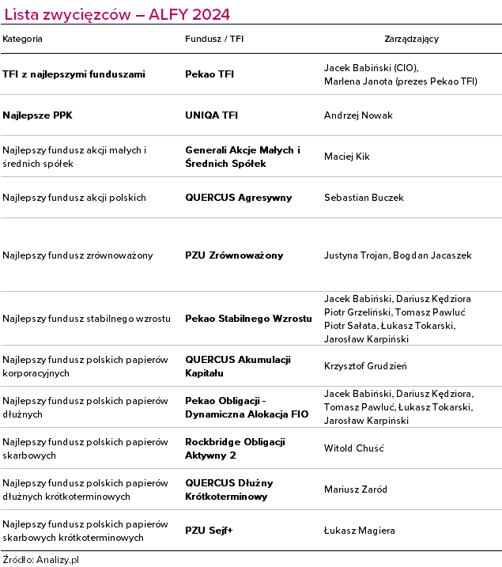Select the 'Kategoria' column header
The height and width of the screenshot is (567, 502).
pos(23,39)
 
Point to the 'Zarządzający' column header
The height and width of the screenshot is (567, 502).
pos(411,39)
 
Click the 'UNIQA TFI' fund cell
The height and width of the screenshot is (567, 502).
pos(211,115)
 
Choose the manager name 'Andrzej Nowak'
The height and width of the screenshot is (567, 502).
pos(358,115)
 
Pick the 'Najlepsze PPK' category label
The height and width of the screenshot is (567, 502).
pos(38,115)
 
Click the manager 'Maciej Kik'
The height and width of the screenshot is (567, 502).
pos(347,157)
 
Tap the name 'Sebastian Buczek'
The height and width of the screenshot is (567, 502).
pos(364,198)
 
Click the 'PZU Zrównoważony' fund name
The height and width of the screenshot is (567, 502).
pos(234,255)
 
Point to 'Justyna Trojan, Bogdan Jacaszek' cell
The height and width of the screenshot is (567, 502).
pos(398,255)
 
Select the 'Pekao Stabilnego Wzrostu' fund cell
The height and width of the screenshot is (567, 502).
pos(248,319)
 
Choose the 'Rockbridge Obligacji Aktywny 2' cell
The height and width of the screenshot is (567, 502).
pos(235,448)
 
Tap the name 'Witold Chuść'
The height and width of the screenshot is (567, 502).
pos(353,448)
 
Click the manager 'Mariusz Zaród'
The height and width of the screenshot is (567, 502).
pos(356,490)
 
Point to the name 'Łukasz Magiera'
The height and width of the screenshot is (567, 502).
pos(359,531)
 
